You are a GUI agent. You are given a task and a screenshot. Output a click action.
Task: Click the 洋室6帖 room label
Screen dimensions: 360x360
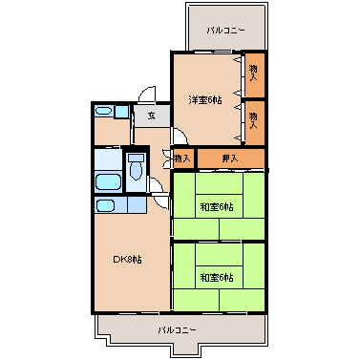pos(205,100)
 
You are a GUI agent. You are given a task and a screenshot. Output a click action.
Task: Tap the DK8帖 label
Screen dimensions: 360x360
pos(128,260)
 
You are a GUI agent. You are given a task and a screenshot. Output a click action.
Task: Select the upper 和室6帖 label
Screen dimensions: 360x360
pos(217,207)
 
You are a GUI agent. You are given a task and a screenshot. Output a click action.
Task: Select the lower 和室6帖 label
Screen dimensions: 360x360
pos(217,278)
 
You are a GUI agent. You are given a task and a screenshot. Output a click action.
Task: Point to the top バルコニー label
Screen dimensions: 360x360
pos(226,31)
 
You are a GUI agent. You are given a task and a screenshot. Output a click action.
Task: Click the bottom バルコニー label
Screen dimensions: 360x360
pos(178,329)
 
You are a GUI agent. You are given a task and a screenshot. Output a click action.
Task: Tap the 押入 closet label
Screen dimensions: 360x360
pos(230,159)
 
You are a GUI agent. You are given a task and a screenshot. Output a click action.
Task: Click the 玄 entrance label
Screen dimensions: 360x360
pos(152,116)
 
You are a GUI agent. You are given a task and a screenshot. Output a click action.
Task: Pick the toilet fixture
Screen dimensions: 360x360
pos(136,166)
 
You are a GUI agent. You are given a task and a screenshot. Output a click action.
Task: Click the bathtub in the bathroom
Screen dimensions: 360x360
pos(108,182)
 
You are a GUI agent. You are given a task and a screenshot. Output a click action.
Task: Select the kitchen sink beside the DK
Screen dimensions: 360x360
pos(105,205)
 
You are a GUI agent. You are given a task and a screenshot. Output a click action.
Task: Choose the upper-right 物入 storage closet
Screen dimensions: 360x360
pos(255,75)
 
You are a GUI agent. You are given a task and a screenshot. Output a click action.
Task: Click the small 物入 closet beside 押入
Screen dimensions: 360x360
pos(182,159)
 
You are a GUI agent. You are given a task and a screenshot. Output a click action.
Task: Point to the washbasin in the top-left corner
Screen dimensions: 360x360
pos(104,111)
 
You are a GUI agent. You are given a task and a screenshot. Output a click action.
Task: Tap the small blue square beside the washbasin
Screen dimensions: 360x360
pos(121,112)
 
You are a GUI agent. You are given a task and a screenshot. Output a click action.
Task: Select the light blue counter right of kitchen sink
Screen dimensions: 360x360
pos(137,205)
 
